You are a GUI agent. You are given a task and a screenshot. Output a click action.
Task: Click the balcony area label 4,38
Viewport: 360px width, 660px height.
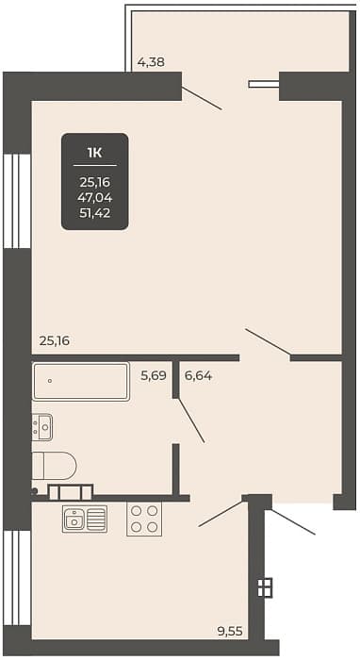click(x=151, y=62)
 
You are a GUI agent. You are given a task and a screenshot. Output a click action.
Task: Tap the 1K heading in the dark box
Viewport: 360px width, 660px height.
click(x=94, y=153)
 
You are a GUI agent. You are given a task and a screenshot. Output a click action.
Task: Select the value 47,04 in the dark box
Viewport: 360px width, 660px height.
click(x=94, y=197)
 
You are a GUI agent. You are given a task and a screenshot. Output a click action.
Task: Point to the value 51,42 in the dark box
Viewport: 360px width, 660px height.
click(x=94, y=213)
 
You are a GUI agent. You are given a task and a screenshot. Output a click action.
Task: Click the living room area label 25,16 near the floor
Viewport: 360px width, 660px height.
click(x=55, y=341)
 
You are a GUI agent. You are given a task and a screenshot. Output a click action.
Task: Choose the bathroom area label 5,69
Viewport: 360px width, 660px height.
click(x=154, y=375)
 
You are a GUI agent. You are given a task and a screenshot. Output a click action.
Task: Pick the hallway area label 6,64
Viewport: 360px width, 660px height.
click(x=198, y=375)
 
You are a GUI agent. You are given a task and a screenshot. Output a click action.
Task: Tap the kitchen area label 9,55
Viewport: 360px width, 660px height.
click(x=230, y=631)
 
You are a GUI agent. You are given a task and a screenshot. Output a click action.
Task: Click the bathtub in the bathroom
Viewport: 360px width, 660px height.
click(x=81, y=381)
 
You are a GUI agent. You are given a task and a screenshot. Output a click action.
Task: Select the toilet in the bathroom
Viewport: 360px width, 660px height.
click(x=55, y=466)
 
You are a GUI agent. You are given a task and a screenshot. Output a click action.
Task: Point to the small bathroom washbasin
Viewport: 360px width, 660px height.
click(x=42, y=427)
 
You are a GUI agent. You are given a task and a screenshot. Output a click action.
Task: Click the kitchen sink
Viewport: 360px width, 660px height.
click(x=85, y=519)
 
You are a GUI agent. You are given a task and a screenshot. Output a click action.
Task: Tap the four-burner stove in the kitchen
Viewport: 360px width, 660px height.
click(x=144, y=519)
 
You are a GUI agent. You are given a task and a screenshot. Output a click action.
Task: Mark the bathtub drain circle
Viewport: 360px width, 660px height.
click(x=50, y=381)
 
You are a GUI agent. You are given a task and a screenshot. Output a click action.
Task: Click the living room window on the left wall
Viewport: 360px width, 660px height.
click(x=17, y=201)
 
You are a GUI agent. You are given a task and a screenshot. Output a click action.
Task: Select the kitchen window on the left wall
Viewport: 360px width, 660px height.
click(x=17, y=578)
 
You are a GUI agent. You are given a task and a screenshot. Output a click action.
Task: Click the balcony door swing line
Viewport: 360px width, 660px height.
click(x=202, y=98)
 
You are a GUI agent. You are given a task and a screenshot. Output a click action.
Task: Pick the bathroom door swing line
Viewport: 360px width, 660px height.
click(x=191, y=420)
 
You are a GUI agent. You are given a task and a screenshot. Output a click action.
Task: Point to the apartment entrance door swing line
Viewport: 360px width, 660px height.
click(x=293, y=522)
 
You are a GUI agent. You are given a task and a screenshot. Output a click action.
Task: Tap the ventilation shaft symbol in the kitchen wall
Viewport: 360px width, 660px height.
click(x=265, y=587)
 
